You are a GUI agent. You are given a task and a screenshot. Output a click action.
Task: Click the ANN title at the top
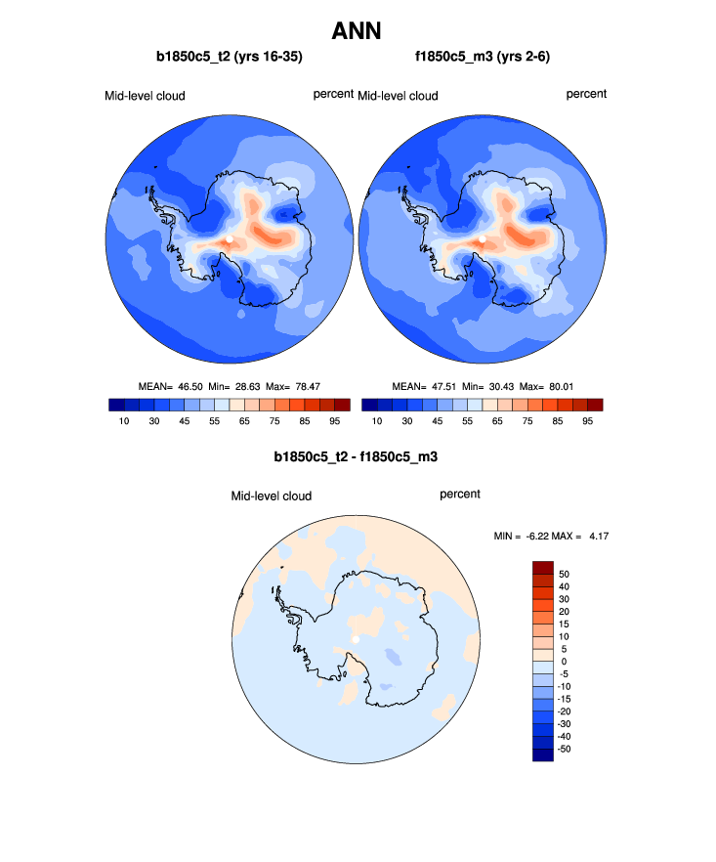358,31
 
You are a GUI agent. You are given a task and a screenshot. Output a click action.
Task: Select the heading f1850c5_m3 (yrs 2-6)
484,58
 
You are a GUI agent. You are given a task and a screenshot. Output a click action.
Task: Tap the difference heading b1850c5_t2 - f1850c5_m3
358,456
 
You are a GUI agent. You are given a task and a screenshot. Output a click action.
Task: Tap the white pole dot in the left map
229,237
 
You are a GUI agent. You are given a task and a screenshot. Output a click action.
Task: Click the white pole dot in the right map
482,237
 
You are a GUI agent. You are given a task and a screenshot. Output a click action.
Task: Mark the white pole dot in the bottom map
356,638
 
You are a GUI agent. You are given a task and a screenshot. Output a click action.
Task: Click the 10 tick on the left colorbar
124,421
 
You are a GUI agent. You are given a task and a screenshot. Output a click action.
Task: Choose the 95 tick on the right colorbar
588,421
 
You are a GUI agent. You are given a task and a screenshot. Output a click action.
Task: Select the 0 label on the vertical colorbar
564,662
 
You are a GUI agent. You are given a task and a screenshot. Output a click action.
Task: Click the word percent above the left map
333,94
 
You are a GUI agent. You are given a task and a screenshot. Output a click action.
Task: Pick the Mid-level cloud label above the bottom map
271,496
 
